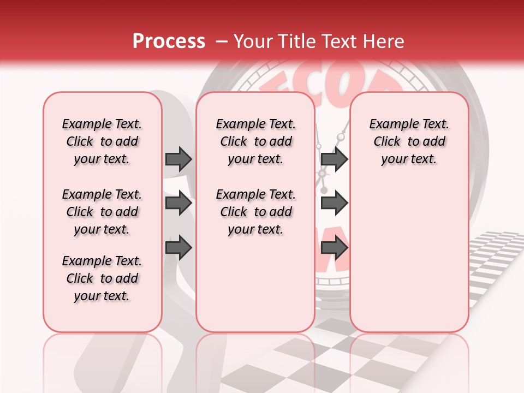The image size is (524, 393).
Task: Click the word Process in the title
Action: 169,41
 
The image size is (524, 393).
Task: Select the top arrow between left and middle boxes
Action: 178,159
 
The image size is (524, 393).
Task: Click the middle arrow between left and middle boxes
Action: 178,204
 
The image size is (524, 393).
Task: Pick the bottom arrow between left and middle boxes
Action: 178,248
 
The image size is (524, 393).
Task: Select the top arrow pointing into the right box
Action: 334,159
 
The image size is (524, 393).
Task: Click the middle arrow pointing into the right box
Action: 334,204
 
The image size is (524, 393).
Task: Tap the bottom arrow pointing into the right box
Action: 334,248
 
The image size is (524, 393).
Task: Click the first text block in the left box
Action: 102,141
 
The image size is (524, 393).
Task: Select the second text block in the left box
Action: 102,212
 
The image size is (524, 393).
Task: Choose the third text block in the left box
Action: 102,278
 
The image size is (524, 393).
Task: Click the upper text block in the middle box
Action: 255,141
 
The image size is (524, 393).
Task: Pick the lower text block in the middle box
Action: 255,212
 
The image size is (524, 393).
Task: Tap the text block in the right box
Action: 409,141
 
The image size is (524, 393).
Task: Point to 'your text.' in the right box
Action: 409,159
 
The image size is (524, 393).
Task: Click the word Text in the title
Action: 334,41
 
